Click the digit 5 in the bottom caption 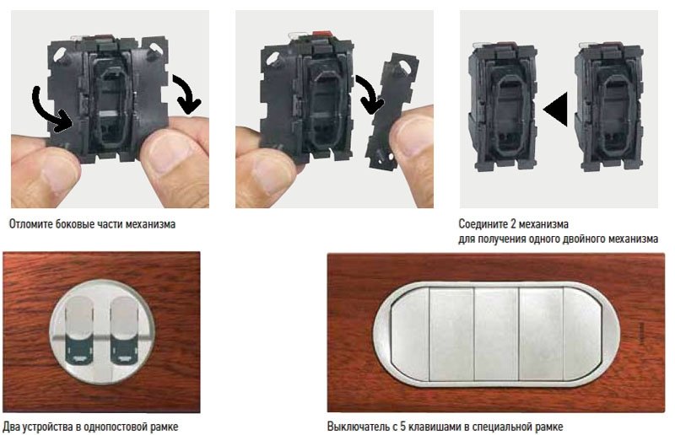[403, 427]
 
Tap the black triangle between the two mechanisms [556, 110]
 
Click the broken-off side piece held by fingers [391, 111]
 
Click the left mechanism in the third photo [502, 107]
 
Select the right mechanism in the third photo [610, 107]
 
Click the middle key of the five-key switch [496, 334]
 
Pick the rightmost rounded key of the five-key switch [584, 334]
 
